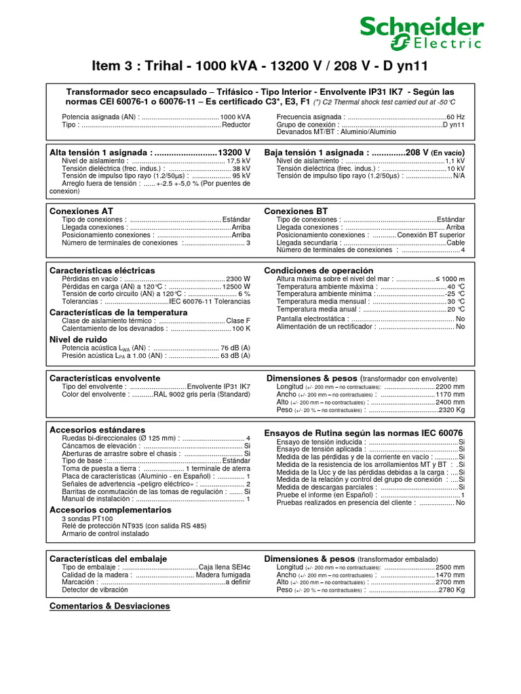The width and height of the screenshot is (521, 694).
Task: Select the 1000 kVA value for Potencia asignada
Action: point(235,117)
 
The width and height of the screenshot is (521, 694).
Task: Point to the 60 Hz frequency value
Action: point(455,117)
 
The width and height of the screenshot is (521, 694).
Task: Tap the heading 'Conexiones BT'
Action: point(296,211)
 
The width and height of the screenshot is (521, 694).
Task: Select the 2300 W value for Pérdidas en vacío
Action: point(237,279)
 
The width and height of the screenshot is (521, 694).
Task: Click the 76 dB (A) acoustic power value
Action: point(235,348)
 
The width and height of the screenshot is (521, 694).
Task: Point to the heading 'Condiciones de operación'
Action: point(319,270)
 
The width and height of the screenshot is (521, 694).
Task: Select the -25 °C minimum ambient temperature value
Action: point(455,294)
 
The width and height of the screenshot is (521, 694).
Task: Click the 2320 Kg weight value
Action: point(451,409)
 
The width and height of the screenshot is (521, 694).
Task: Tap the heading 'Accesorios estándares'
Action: point(98,430)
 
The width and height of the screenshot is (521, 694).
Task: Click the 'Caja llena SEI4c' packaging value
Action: point(225,567)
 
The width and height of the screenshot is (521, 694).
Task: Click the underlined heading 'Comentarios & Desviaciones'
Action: point(110,606)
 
